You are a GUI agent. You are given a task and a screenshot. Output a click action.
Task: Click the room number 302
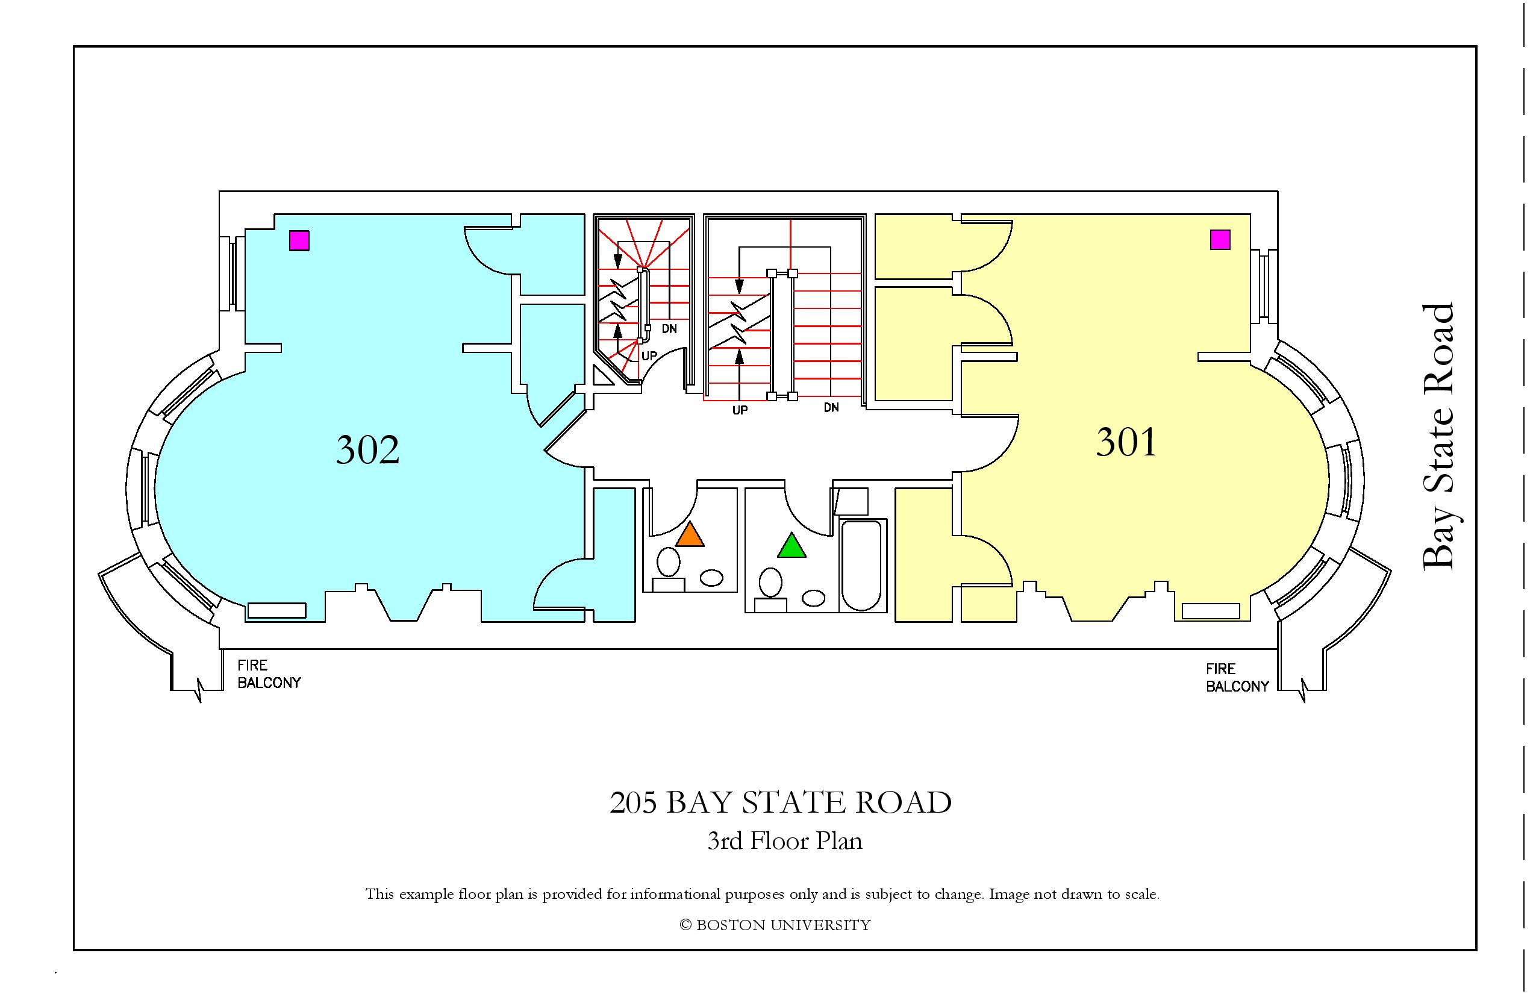coord(368,450)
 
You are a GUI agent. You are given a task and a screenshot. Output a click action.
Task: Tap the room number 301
coord(1126,443)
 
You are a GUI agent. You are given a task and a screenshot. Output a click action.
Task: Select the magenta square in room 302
coord(299,241)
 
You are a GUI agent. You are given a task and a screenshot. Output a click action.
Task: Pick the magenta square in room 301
coord(1220,240)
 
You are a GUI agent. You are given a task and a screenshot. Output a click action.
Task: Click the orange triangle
coord(689,535)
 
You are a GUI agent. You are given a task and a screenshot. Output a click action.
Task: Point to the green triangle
coord(792,545)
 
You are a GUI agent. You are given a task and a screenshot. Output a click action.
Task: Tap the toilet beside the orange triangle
coord(668,569)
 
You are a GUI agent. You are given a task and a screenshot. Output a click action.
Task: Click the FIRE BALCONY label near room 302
coord(269,674)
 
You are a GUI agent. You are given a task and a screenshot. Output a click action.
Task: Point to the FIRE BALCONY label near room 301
coord(1237,678)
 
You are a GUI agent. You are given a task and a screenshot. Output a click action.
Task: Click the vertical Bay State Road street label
coord(1439,436)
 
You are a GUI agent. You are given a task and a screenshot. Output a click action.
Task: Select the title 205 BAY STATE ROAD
coord(780,802)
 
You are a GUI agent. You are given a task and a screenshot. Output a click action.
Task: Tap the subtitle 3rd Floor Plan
coord(785,841)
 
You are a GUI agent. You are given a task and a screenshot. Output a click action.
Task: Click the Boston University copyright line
coord(775,925)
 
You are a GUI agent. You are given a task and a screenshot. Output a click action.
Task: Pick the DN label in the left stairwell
coord(669,328)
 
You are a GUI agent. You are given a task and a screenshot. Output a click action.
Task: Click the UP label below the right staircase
coord(740,410)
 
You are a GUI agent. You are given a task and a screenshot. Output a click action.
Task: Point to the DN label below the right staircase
coord(831,407)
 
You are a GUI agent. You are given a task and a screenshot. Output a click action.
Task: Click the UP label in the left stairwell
coord(649,355)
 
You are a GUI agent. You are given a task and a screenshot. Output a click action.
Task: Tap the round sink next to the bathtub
coord(814,598)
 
